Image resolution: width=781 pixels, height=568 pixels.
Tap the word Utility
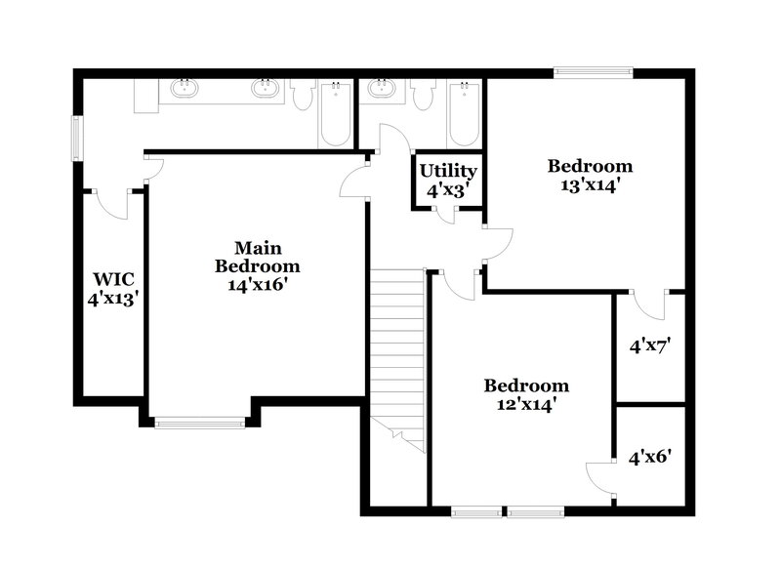(448, 171)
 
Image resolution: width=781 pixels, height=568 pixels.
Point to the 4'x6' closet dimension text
(650, 456)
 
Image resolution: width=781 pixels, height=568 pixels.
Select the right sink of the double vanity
(264, 90)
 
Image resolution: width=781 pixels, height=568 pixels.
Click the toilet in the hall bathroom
(424, 95)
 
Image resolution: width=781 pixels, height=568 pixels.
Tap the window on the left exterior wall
(76, 138)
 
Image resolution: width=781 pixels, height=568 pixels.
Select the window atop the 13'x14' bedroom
(593, 71)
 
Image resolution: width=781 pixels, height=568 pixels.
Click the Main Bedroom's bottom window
(201, 422)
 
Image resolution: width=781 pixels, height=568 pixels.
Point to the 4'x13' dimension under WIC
(113, 299)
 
